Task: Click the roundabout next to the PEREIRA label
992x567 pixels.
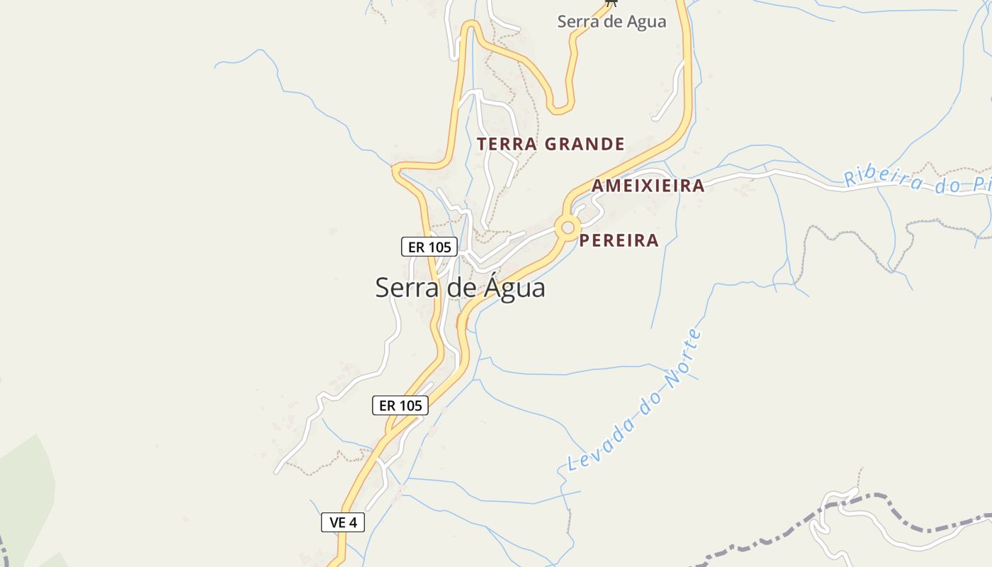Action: point(567,228)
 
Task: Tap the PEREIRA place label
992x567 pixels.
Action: point(619,240)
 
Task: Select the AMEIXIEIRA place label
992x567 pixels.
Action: point(648,186)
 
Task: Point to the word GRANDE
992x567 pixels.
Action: point(585,145)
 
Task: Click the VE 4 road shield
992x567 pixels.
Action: point(343,523)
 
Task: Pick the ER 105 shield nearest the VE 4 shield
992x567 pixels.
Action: point(400,405)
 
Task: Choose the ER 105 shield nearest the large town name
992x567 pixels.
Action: point(429,247)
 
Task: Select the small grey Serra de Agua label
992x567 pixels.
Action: point(611,21)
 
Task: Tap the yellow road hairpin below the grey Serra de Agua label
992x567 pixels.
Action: point(560,109)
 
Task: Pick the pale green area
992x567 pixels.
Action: point(25,489)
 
